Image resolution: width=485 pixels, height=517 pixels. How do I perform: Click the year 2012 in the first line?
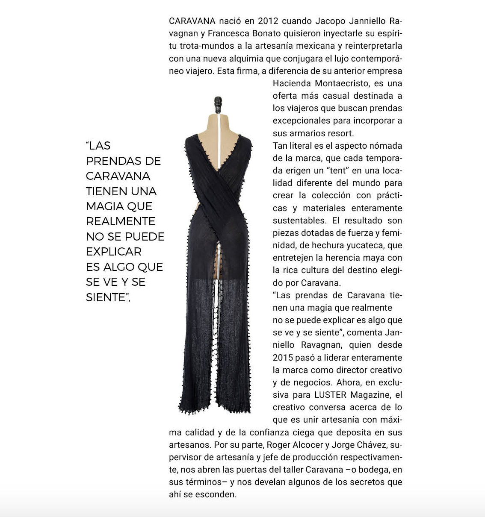(x=268, y=21)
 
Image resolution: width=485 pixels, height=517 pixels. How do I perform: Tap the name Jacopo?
(x=331, y=21)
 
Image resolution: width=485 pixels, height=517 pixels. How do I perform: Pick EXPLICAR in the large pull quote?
(x=114, y=251)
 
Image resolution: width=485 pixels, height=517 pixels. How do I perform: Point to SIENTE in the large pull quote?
(x=107, y=297)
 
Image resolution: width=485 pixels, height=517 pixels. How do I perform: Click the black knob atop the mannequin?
(x=219, y=102)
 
